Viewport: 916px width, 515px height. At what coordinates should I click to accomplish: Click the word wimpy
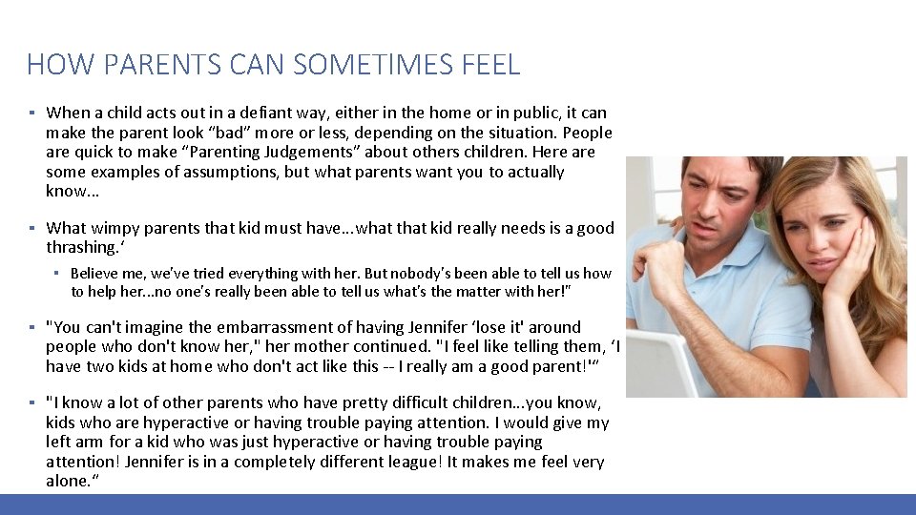tap(112, 228)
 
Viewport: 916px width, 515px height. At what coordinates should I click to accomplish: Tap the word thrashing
tap(80, 247)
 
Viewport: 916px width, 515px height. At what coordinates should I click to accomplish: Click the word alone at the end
tap(67, 481)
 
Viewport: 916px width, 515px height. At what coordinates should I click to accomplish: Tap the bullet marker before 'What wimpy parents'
tap(31, 228)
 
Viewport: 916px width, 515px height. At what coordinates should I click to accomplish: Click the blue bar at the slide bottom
tap(458, 505)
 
